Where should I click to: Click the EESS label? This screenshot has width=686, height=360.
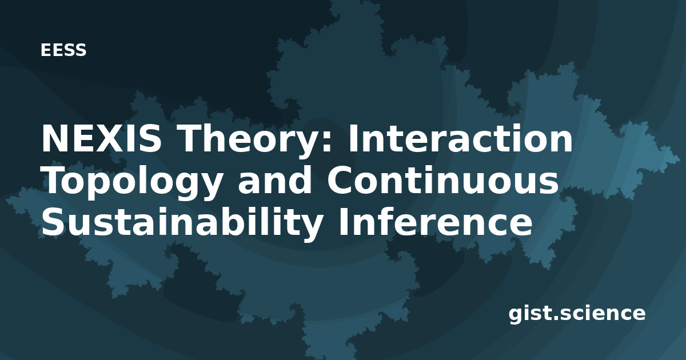click(x=63, y=50)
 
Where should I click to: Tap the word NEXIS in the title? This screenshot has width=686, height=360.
click(x=101, y=138)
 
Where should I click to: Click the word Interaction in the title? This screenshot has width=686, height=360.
click(x=460, y=138)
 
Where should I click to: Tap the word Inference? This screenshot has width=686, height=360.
click(x=435, y=222)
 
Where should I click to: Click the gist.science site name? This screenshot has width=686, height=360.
click(x=577, y=314)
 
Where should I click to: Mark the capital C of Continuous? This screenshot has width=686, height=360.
click(x=340, y=180)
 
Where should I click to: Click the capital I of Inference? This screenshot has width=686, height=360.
click(x=342, y=222)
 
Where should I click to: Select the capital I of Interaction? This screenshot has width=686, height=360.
click(x=352, y=138)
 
